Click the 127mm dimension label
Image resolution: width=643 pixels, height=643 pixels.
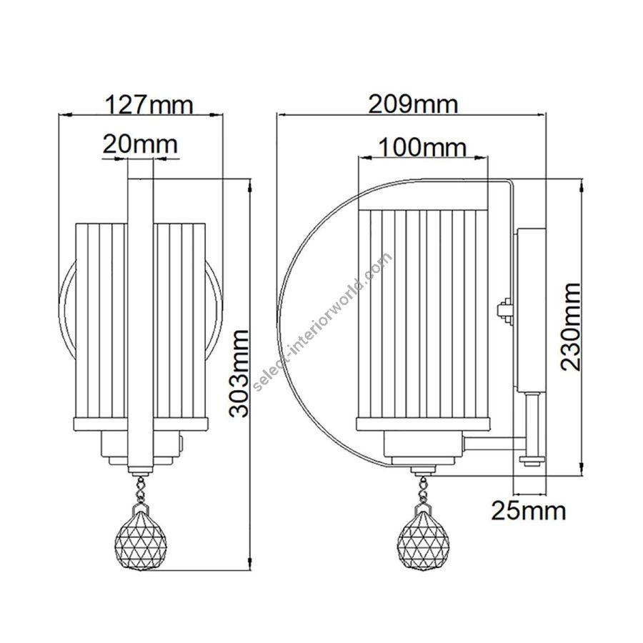[x=149, y=105]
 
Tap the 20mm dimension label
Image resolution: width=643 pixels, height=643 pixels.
[x=140, y=144]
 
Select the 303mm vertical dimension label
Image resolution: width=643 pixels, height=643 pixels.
[x=239, y=373]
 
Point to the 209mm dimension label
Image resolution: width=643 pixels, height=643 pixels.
[x=413, y=104]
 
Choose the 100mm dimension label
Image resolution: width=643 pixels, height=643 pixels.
[x=422, y=146]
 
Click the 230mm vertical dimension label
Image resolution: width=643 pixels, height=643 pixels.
[x=571, y=327]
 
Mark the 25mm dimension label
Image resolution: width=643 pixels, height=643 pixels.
[x=529, y=511]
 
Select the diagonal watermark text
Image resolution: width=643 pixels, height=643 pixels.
[x=323, y=321]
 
